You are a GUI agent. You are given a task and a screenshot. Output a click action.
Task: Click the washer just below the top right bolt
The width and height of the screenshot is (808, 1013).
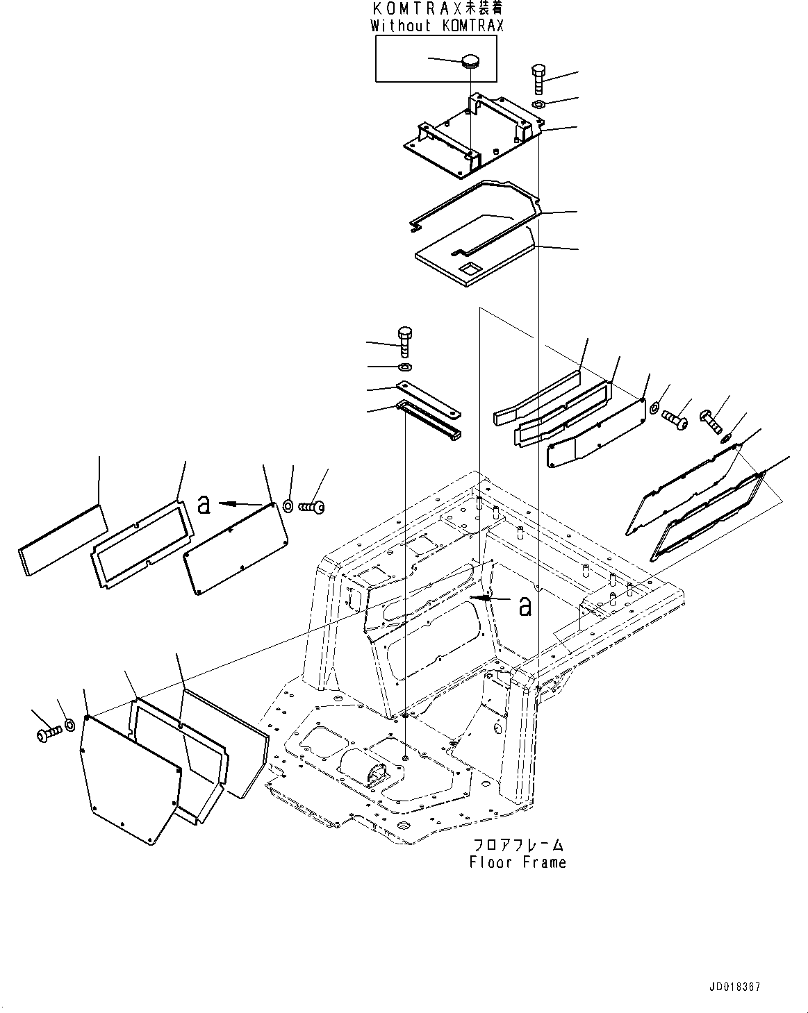pos(538,104)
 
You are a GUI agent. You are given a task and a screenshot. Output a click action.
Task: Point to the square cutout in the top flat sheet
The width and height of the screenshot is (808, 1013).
pos(472,267)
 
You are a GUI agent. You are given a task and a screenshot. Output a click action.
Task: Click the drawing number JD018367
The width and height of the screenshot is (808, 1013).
pos(735,987)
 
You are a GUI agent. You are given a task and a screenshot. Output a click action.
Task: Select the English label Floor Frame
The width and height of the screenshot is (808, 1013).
pos(518,862)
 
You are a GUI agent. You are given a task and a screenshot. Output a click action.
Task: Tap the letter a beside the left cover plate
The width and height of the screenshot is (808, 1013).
pos(204,504)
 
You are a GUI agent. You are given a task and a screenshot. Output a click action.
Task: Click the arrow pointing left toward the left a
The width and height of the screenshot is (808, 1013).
pos(236,503)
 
